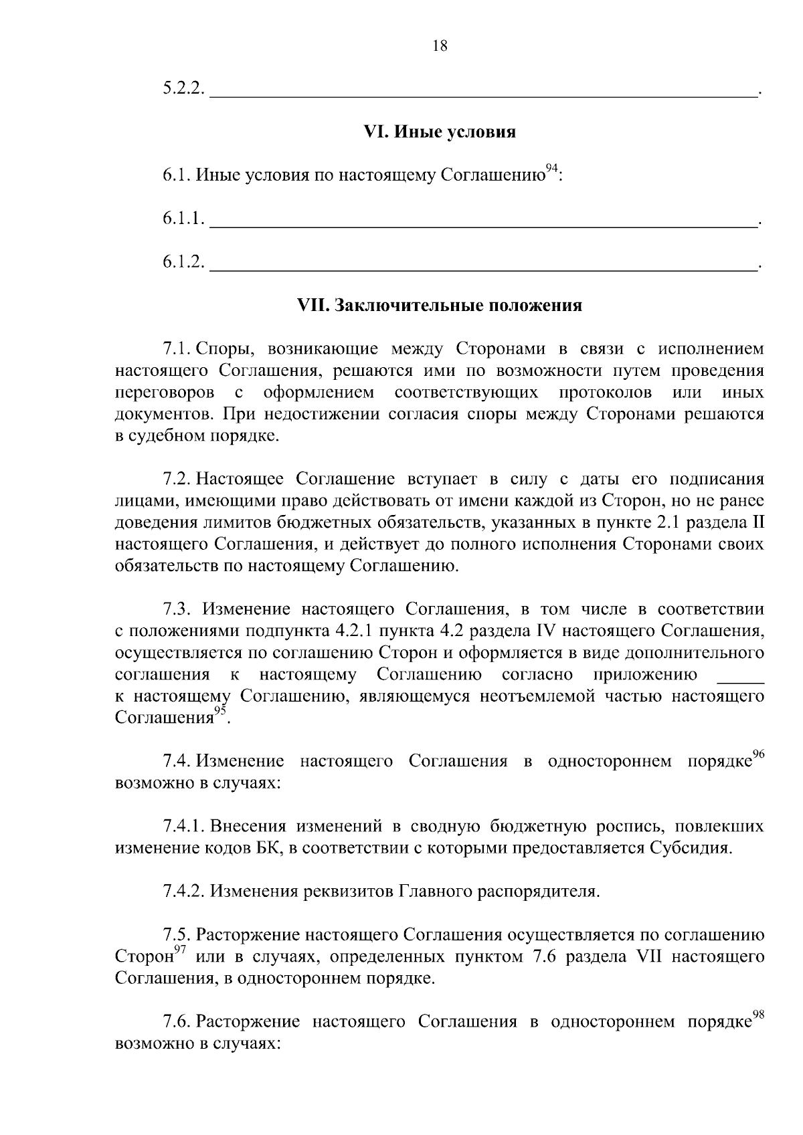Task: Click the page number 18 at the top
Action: pyautogui.click(x=440, y=46)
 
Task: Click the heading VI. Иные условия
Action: pyautogui.click(x=440, y=132)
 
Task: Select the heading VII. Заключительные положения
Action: pyautogui.click(x=440, y=306)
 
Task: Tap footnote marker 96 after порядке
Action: pyautogui.click(x=758, y=755)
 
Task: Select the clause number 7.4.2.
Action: pyautogui.click(x=183, y=892)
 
